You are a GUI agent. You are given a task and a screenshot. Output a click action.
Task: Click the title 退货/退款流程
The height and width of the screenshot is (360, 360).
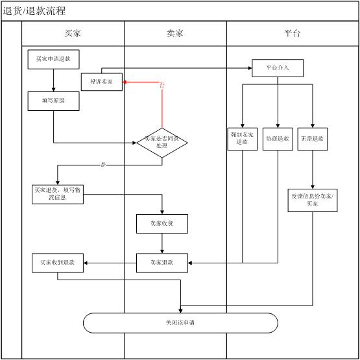(x=34, y=11)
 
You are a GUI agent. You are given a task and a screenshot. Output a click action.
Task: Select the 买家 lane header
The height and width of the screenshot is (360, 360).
(x=73, y=33)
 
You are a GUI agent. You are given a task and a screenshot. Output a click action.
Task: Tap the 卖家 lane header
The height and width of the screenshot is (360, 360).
(x=175, y=33)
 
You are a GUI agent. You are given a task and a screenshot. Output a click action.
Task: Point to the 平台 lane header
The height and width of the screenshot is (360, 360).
(x=293, y=33)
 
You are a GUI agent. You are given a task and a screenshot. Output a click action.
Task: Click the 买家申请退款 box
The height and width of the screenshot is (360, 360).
(x=53, y=60)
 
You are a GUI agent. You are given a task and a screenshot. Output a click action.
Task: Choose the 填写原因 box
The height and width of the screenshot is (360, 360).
(x=53, y=101)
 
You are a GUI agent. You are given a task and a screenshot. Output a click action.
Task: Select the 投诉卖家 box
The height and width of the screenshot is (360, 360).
(x=101, y=82)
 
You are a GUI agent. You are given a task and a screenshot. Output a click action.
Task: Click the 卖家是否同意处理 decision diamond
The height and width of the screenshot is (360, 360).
(x=162, y=142)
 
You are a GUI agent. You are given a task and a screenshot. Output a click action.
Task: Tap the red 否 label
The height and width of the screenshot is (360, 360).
(x=162, y=85)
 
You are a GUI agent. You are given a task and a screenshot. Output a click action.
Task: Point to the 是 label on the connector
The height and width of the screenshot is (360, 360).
(x=102, y=165)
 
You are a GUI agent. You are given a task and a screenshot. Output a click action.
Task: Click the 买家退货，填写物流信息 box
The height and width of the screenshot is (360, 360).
(x=58, y=194)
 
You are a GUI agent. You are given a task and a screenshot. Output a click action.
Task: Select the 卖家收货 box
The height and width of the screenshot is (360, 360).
(x=162, y=223)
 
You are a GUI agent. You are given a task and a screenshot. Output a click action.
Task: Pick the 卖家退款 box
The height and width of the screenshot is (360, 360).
(x=162, y=262)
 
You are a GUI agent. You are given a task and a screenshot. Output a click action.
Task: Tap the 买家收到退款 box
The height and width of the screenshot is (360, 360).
(x=58, y=263)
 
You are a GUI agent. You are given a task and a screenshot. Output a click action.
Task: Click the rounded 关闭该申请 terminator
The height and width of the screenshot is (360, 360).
(x=180, y=322)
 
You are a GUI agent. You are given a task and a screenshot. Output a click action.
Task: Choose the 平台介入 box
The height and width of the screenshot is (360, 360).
(x=278, y=67)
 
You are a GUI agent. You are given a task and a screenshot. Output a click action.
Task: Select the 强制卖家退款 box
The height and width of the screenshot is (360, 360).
(x=243, y=139)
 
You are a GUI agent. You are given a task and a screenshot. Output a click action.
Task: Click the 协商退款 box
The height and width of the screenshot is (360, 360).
(x=278, y=139)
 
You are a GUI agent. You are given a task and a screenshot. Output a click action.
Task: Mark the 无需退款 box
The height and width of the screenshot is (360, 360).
(x=313, y=139)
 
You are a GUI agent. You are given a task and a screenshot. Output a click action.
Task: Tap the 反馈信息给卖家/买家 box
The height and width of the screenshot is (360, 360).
(x=313, y=199)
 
